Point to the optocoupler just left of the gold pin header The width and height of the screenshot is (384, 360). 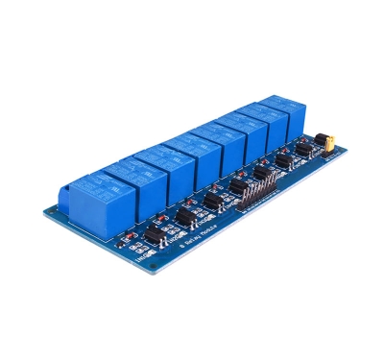tap(237, 182)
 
